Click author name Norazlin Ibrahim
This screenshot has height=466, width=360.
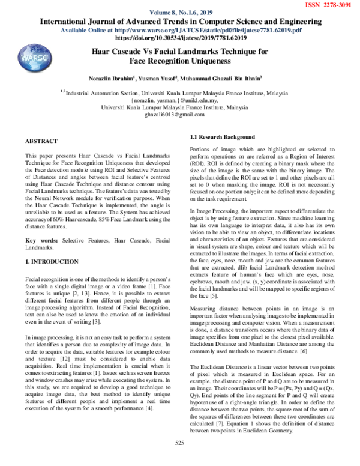click(x=125, y=78)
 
